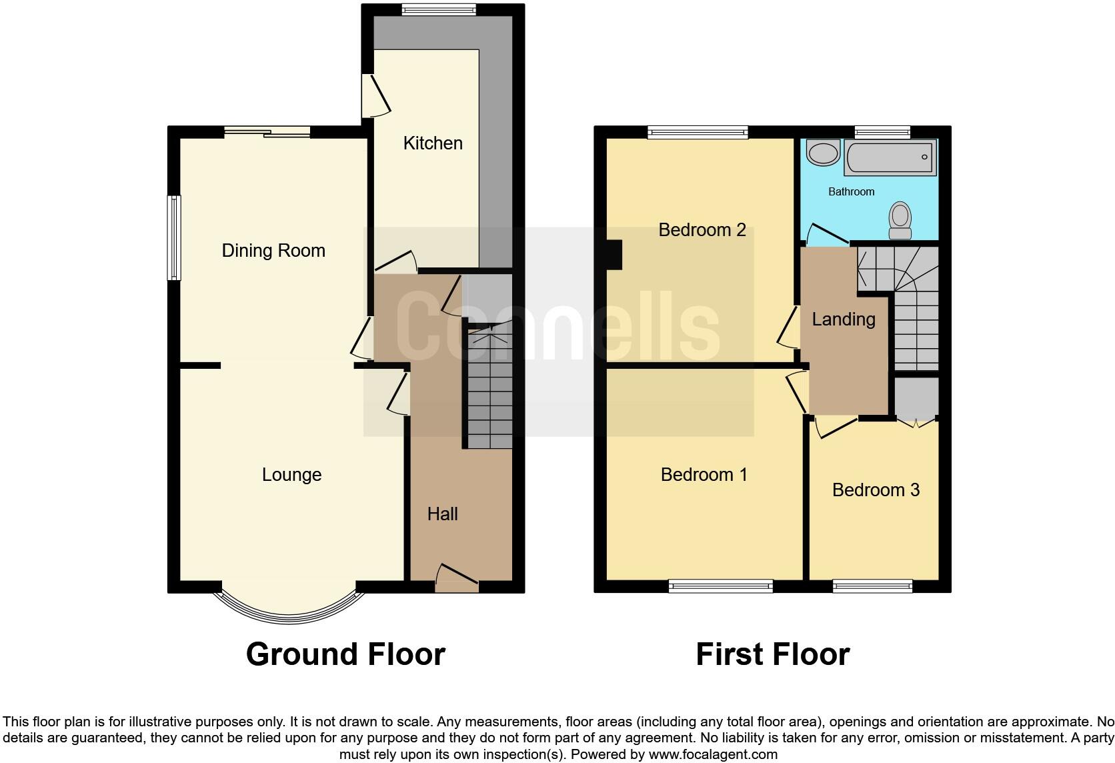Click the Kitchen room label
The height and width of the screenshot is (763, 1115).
click(433, 143)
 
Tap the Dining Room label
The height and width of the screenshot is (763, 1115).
click(273, 251)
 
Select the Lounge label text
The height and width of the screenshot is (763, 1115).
click(291, 475)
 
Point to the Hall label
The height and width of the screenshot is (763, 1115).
click(442, 514)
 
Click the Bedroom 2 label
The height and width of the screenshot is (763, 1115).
click(702, 230)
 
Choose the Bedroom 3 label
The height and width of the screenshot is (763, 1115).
click(876, 490)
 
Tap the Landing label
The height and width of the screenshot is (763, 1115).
click(843, 319)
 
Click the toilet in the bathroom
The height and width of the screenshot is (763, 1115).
click(900, 221)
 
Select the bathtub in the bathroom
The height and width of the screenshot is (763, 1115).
click(890, 157)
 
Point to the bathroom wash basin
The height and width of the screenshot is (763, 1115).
click(823, 153)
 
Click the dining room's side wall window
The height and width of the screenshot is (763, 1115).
click(174, 237)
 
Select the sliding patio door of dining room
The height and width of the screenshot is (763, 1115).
click(267, 133)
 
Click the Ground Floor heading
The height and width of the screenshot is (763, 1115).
click(345, 654)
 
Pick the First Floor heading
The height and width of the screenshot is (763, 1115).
click(772, 654)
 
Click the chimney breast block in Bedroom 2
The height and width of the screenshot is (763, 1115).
click(613, 255)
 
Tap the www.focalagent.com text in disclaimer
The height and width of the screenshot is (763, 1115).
click(712, 755)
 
